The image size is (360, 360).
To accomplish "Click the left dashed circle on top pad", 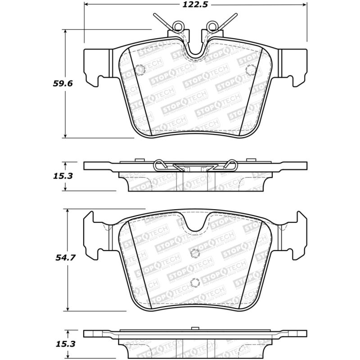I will pos(139,70).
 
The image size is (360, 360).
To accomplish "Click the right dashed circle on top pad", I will pos(252,70).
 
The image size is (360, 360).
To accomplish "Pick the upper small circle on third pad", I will pos(194,253).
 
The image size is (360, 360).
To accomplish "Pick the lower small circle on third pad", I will pos(194,283).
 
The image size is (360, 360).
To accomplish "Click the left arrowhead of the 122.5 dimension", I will pos(87,5).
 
